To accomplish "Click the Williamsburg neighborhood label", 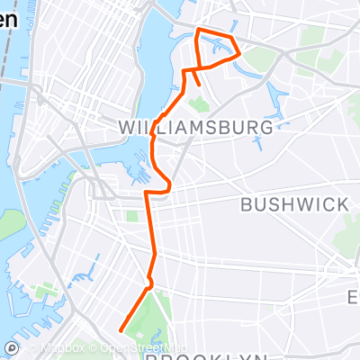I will point(195,129).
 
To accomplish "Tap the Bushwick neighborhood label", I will point(294,204).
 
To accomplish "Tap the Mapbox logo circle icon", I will point(10,348).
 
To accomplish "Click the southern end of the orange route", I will point(120,330).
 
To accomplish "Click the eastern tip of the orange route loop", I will point(240,54).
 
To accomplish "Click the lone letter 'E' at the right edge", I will point(354,297).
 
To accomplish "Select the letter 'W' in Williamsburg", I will point(128,129).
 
